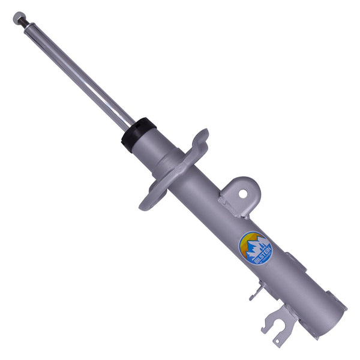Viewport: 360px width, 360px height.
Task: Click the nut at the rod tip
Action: click(18, 17)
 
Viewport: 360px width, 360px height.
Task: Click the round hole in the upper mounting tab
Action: click(243, 193)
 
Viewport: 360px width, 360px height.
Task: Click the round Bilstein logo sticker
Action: click(255, 247)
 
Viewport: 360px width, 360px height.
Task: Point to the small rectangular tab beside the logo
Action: click(295, 262)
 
